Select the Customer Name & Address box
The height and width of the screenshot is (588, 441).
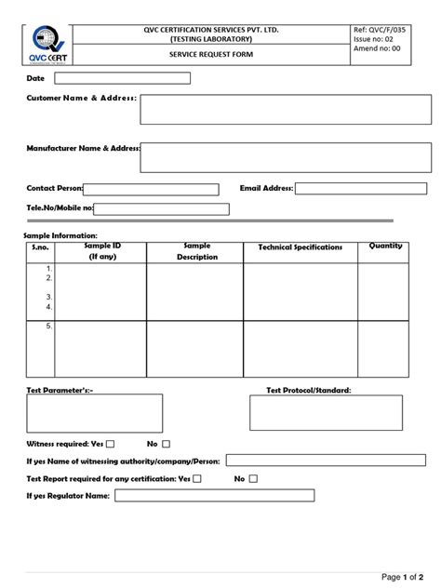click(286, 109)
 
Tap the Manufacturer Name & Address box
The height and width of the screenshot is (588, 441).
click(286, 158)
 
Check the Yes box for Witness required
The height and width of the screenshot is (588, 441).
click(111, 445)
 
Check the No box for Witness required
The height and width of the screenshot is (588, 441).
click(166, 445)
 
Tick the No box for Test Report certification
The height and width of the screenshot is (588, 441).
click(252, 478)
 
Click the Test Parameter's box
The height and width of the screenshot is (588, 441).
click(93, 412)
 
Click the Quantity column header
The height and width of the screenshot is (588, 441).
click(385, 247)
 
